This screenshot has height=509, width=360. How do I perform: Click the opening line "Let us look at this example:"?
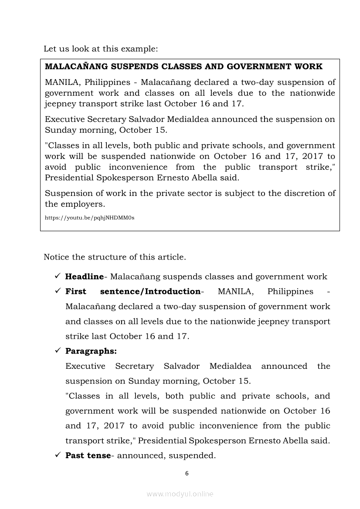[x=101, y=49]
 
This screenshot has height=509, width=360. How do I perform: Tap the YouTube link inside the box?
[x=89, y=217]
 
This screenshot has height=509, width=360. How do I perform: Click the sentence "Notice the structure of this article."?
[x=115, y=257]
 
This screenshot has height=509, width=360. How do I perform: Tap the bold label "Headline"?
[x=84, y=276]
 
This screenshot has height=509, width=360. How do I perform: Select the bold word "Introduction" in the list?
[x=173, y=291]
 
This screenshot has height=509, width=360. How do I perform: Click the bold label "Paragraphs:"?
[x=91, y=351]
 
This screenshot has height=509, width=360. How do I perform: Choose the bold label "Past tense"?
[x=88, y=455]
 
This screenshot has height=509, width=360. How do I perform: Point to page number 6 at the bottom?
[x=187, y=474]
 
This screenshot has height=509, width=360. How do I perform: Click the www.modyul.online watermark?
[x=180, y=494]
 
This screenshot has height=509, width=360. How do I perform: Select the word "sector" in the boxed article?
[x=205, y=193]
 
